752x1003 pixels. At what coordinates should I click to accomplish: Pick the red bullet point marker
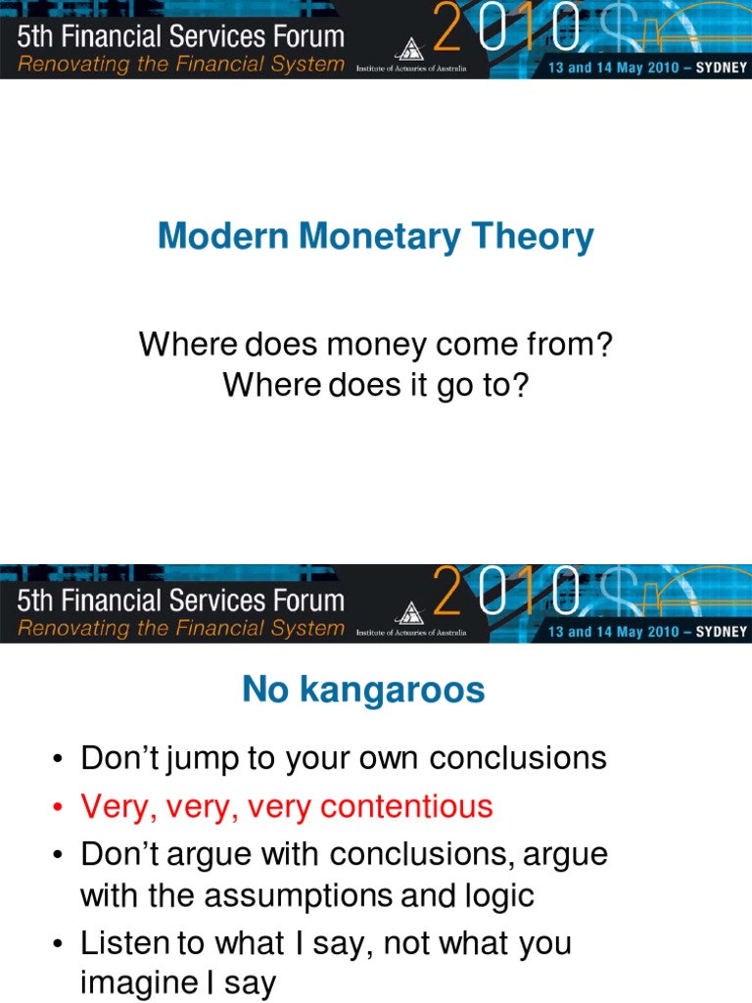(x=59, y=808)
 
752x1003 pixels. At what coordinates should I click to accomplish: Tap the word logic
(x=495, y=895)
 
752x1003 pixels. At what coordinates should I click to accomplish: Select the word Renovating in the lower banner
(x=73, y=628)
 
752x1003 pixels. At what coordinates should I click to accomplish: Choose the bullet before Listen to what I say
(x=59, y=945)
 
